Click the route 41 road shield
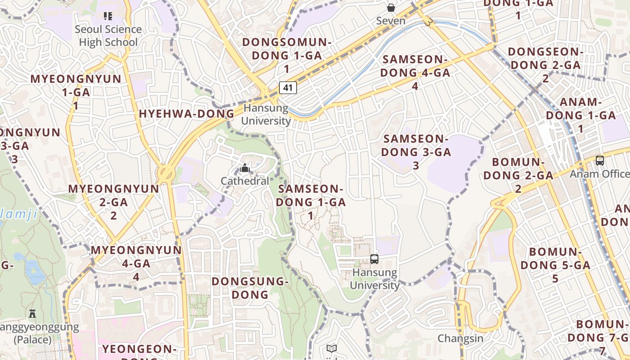(288, 87)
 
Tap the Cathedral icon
(245, 168)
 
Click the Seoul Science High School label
(108, 36)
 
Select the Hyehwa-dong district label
(187, 114)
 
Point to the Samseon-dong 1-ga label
(310, 202)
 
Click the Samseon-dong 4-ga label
(415, 72)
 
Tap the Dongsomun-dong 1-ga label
(287, 55)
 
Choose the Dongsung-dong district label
(250, 288)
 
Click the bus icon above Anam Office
(599, 161)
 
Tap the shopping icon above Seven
(391, 8)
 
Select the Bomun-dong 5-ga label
(555, 265)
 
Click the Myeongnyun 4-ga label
(136, 263)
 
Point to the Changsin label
(460, 338)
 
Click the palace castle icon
(32, 313)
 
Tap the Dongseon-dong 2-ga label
(545, 65)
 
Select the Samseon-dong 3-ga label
(416, 152)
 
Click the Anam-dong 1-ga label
(580, 115)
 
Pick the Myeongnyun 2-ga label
(113, 202)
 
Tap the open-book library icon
(332, 348)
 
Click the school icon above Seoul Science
(108, 16)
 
